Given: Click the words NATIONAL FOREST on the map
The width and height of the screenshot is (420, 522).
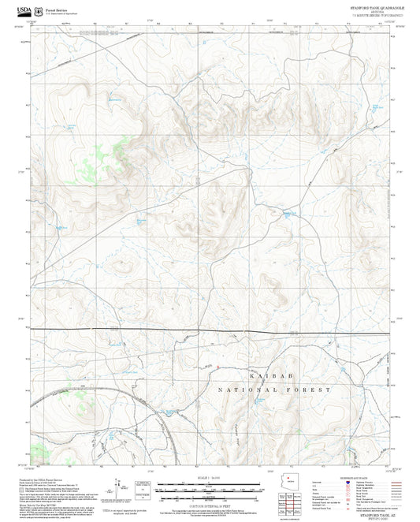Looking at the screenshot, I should click(x=273, y=390).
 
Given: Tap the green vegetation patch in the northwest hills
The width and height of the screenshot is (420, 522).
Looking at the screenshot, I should click(x=120, y=146).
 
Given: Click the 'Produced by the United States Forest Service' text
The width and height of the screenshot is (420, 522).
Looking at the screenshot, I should click(x=43, y=479).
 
